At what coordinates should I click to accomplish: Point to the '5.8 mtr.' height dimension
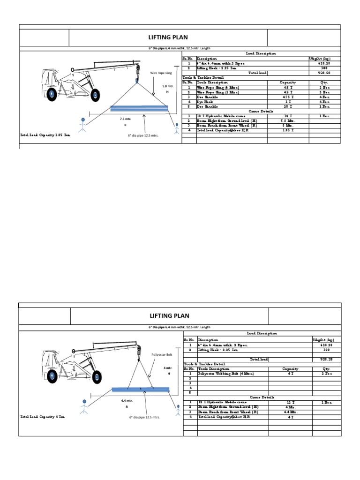(168, 86)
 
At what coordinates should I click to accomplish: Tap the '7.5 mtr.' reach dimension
(126, 120)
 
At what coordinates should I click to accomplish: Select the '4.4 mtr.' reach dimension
(127, 401)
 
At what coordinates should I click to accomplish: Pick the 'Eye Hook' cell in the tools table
(205, 101)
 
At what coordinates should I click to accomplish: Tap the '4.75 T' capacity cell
(288, 97)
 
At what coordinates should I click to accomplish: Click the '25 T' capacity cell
(288, 106)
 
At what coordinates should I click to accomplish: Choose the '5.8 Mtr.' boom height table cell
(288, 120)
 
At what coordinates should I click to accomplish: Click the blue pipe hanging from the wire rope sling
(139, 108)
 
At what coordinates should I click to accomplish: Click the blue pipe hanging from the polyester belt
(141, 389)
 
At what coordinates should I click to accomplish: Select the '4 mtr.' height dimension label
(167, 368)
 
